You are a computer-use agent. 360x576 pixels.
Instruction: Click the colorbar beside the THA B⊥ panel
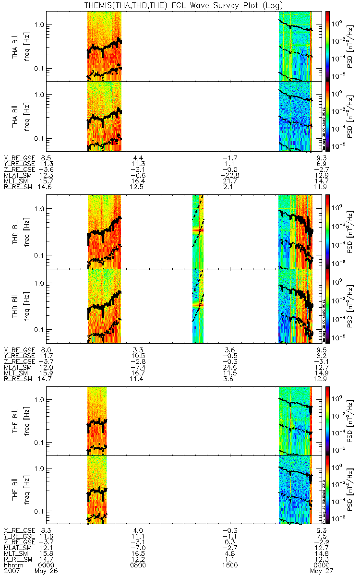point(328,46)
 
